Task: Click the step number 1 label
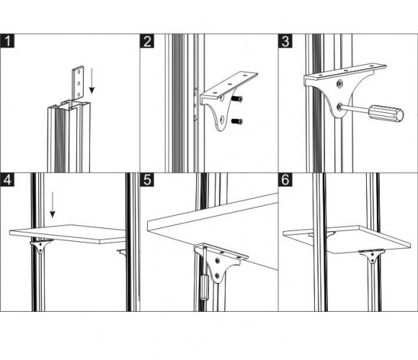(7, 41)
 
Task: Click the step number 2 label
(147, 41)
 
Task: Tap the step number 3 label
(285, 41)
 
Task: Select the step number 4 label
(7, 180)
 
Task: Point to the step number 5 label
(147, 180)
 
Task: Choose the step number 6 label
(285, 180)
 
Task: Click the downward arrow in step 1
(92, 81)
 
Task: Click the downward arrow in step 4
(53, 204)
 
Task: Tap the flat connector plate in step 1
(79, 83)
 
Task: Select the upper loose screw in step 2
(236, 99)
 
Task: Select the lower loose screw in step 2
(236, 122)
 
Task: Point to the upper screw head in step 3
(339, 84)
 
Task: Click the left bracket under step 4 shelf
(40, 246)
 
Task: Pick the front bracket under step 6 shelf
(372, 256)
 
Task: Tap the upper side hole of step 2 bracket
(222, 99)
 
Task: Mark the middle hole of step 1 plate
(79, 84)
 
